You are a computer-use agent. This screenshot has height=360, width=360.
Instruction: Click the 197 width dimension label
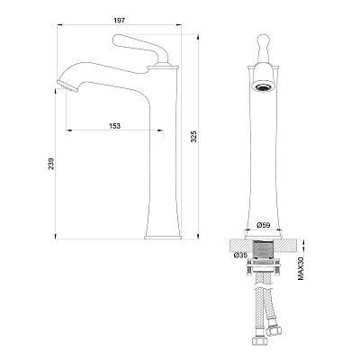pyautogui.click(x=120, y=21)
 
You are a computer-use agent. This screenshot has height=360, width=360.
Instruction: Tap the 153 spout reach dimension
pyautogui.click(x=114, y=126)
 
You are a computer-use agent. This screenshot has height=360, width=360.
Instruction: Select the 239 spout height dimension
pyautogui.click(x=51, y=164)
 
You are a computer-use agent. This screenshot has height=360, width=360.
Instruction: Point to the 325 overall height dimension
pyautogui.click(x=193, y=136)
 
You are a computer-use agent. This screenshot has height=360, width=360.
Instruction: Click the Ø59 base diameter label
pyautogui.click(x=264, y=225)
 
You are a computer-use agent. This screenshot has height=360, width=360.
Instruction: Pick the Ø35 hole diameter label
pyautogui.click(x=240, y=256)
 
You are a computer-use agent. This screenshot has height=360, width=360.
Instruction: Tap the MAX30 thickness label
pyautogui.click(x=301, y=269)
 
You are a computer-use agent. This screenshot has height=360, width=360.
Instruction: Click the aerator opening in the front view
pyautogui.click(x=264, y=87)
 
